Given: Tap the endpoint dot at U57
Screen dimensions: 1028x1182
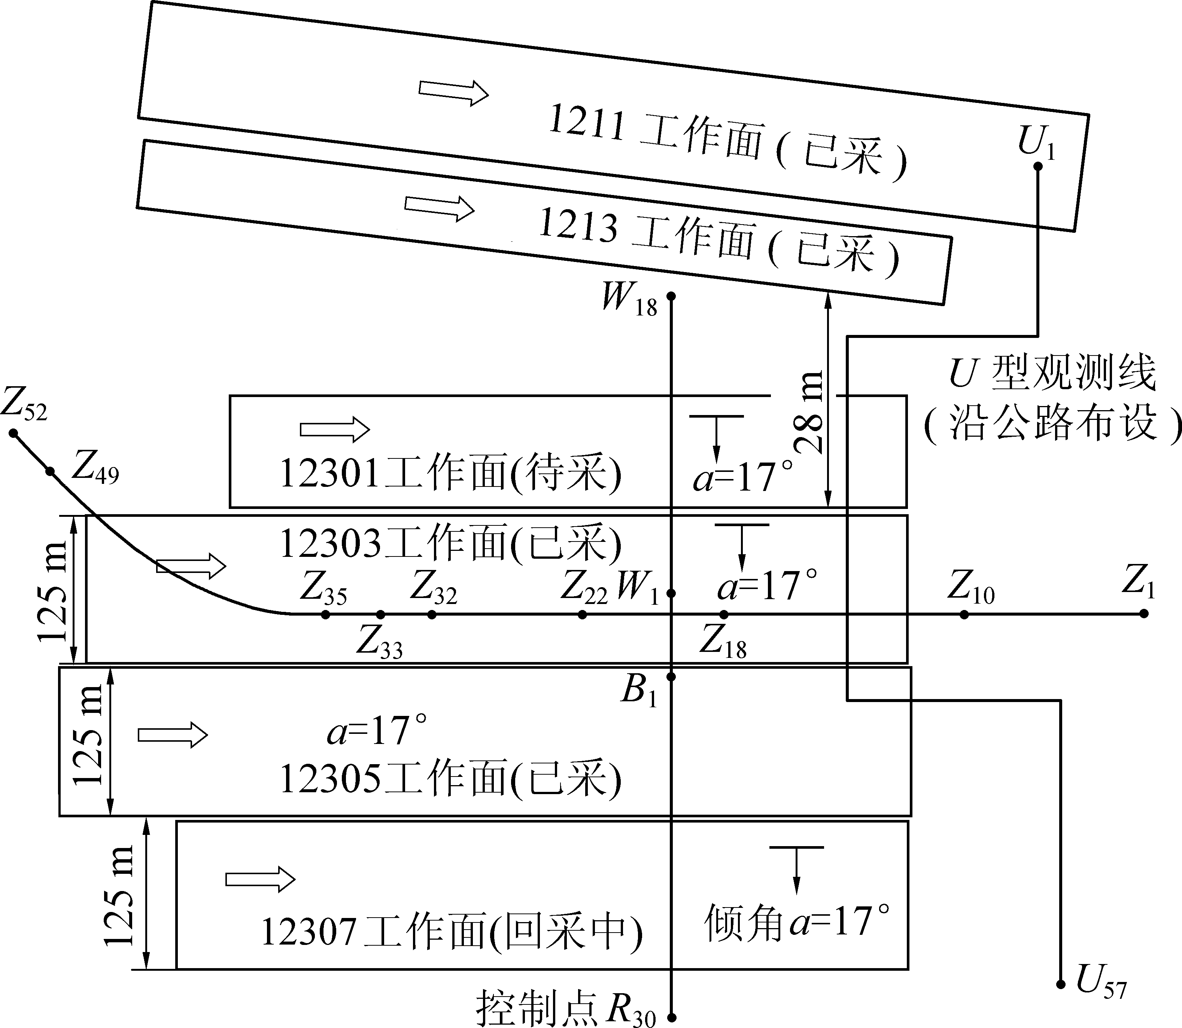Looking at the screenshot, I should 1060,984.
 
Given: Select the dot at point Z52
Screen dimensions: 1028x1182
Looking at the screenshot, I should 13,433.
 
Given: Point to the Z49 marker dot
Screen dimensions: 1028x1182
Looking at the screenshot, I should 50,472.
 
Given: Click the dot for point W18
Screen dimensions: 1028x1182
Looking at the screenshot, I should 671,296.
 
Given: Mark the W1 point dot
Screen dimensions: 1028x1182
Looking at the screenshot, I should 671,593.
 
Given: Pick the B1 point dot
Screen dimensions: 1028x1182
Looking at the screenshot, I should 671,677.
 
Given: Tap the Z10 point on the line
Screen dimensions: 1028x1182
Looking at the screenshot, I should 964,614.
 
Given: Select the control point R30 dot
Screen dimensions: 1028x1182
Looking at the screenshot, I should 672,1016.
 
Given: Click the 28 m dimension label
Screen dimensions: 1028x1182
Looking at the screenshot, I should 811,412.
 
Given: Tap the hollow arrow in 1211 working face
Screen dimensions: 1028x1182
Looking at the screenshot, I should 453,92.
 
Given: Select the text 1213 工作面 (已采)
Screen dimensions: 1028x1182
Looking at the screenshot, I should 717,243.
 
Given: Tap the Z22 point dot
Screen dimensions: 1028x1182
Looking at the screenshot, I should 583,614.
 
